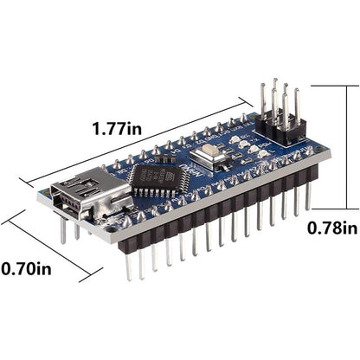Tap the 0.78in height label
click(x=332, y=228)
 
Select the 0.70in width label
click(x=26, y=269)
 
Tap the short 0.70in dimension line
click(x=48, y=247)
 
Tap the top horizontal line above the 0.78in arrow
click(x=333, y=85)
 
